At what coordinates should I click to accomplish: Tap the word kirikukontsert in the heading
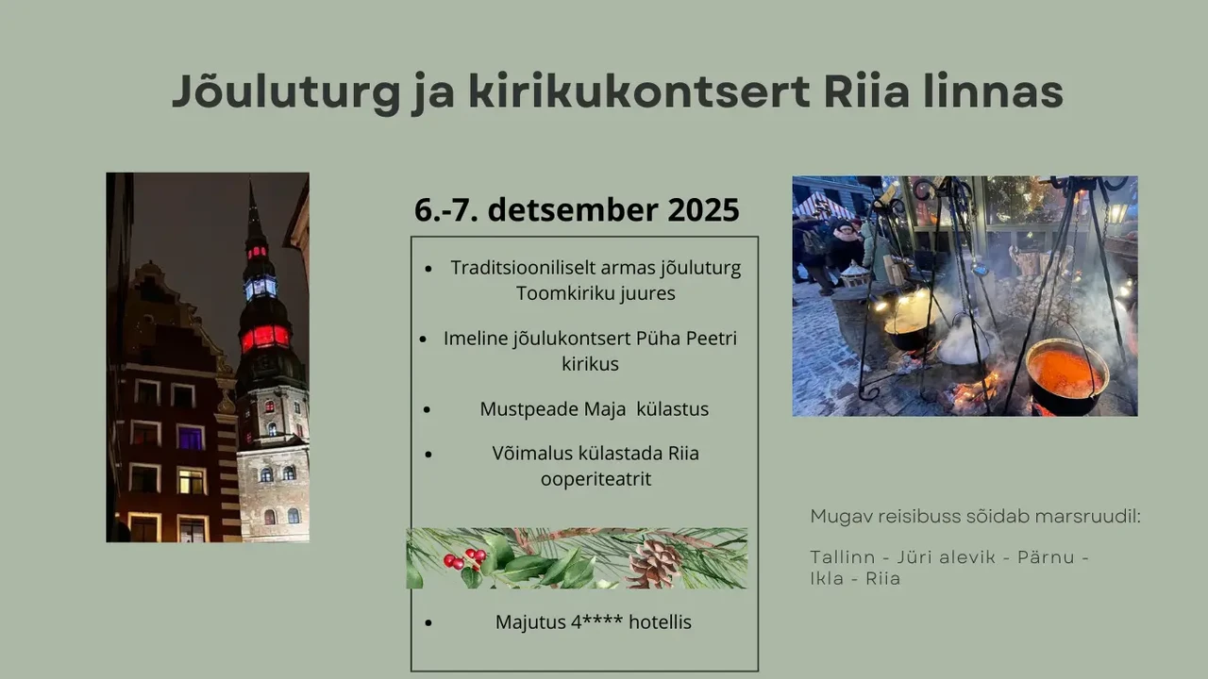[639, 91]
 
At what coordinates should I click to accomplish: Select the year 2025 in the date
[703, 209]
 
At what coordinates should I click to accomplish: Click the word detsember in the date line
[573, 209]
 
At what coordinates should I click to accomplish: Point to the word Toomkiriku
[559, 293]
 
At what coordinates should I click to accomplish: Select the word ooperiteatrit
[596, 479]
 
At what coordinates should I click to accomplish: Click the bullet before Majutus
[428, 623]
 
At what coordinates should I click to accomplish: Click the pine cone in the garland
[654, 564]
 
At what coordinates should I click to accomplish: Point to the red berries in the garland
[464, 558]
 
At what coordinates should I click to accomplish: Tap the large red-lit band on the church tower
[265, 338]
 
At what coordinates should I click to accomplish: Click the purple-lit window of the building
[191, 438]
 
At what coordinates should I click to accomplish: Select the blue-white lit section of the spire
[260, 288]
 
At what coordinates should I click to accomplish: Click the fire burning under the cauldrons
[974, 390]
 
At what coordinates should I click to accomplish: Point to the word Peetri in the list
[711, 339]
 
